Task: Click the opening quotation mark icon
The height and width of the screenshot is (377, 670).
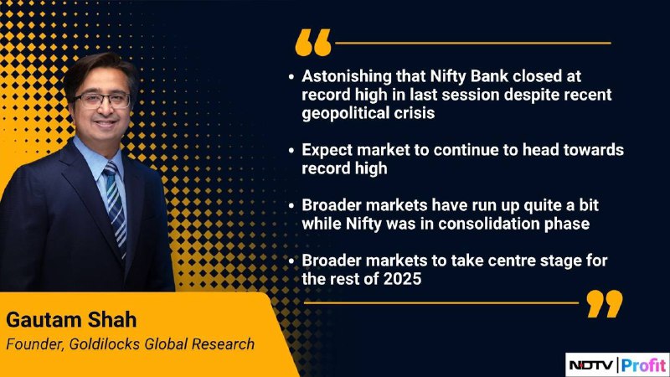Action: (313, 43)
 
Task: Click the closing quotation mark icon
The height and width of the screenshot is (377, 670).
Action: (605, 304)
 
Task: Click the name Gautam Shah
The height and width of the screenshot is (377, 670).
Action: (71, 320)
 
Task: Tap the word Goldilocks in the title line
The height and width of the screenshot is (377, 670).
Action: (104, 344)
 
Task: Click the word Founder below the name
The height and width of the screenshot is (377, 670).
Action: (35, 344)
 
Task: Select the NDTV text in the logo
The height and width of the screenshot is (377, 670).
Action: (590, 365)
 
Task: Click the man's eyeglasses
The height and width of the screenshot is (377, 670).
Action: (101, 101)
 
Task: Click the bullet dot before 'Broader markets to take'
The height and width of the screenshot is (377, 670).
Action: (291, 261)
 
